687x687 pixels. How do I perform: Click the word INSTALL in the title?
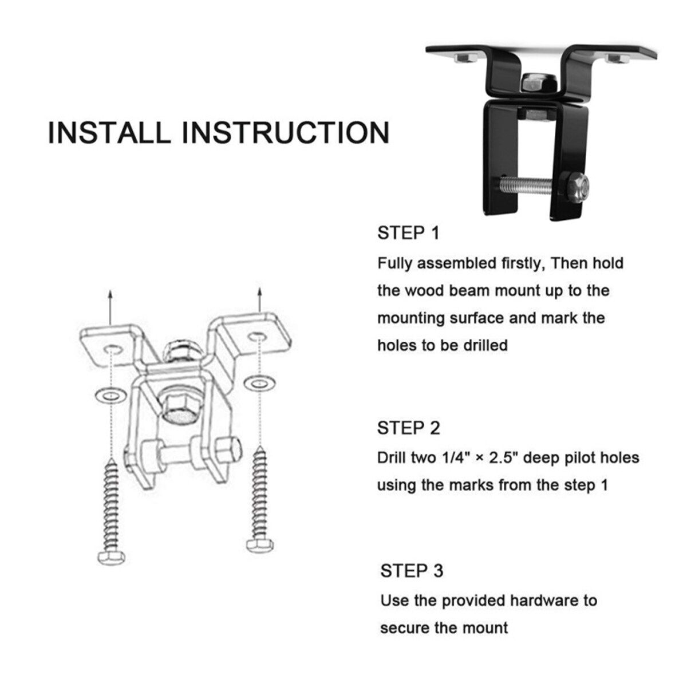109,132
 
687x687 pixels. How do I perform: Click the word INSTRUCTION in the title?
285,132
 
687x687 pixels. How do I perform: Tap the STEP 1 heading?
408,234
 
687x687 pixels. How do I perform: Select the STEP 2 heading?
409,428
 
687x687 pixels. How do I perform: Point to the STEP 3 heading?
412,571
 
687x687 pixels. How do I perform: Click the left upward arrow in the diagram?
110,307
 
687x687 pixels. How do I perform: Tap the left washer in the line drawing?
111,395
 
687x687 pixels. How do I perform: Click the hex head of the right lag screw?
260,545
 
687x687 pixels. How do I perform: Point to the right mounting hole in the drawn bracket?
258,337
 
